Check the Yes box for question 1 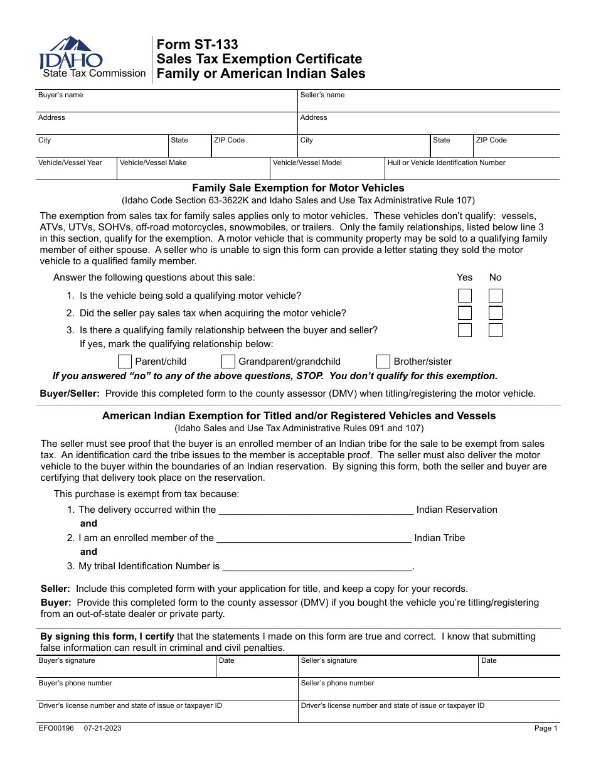point(464,296)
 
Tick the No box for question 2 point(496,313)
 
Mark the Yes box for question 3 point(464,330)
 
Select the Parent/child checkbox point(125,362)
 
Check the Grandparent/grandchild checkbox point(228,362)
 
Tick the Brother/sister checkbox point(383,362)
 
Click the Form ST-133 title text point(197,45)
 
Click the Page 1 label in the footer point(545,728)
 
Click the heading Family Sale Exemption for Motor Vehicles point(298,188)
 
